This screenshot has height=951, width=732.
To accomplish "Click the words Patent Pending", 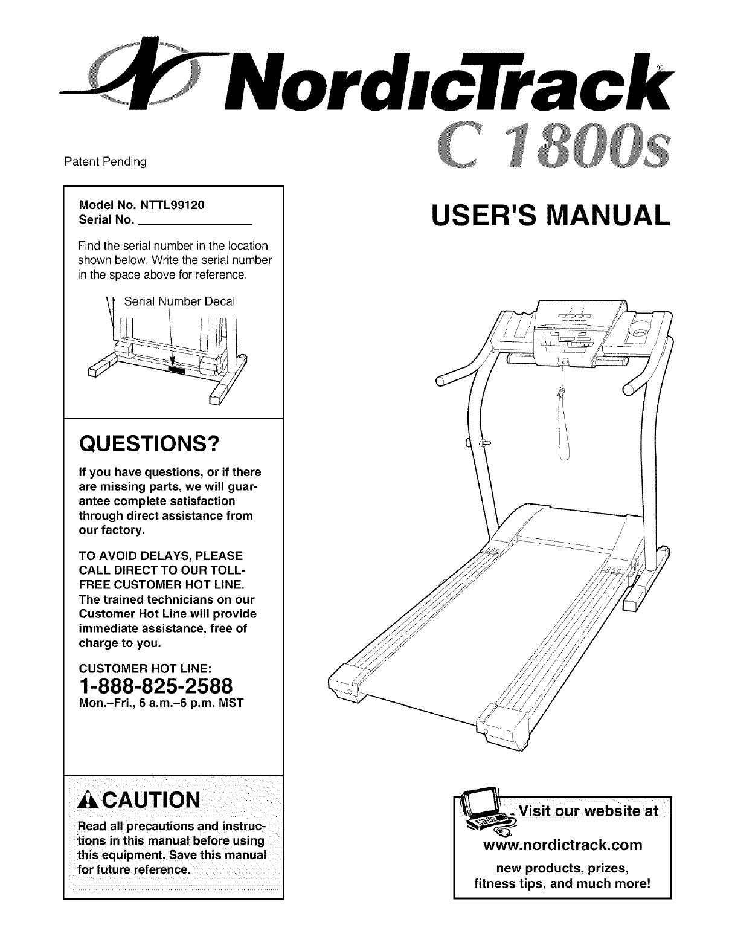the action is pyautogui.click(x=106, y=162).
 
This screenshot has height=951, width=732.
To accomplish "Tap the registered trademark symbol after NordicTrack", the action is pyautogui.click(x=662, y=68).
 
